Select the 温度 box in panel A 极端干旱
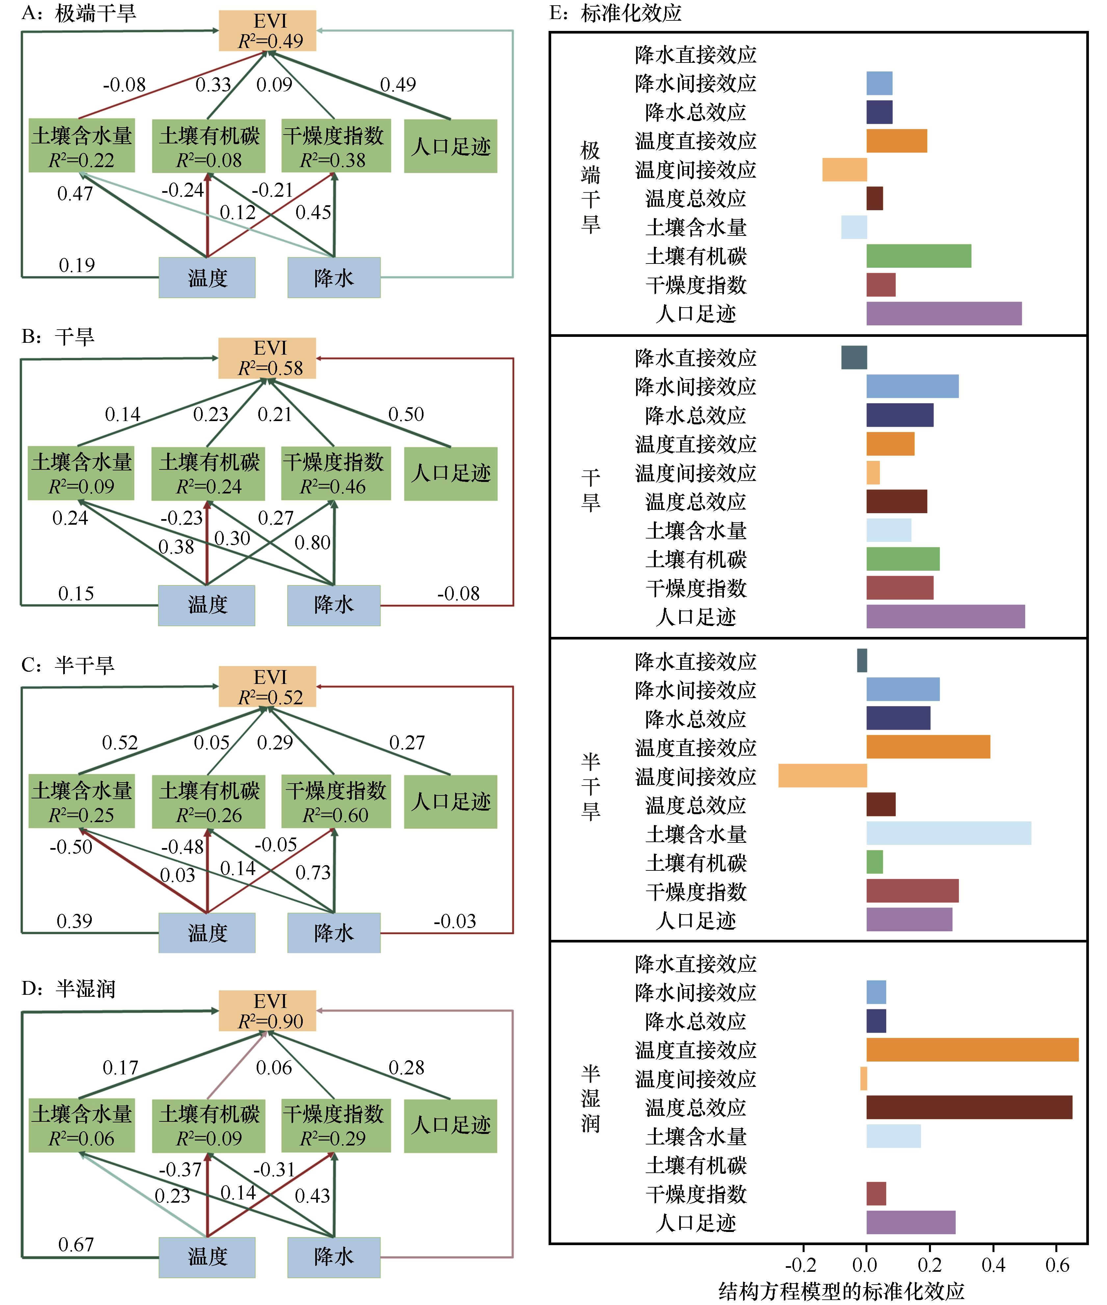click(x=207, y=277)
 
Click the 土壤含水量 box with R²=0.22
click(x=82, y=145)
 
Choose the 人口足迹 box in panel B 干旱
click(x=451, y=474)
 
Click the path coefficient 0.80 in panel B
click(x=313, y=542)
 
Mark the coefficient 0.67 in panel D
click(x=76, y=1244)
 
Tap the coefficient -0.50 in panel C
click(x=71, y=847)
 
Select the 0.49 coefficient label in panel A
click(x=398, y=84)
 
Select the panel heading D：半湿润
click(x=68, y=989)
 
